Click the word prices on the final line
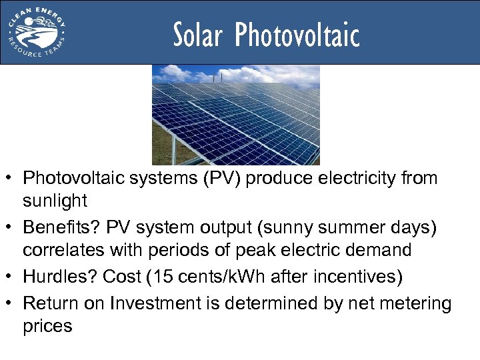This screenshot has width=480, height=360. coord(47,326)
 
